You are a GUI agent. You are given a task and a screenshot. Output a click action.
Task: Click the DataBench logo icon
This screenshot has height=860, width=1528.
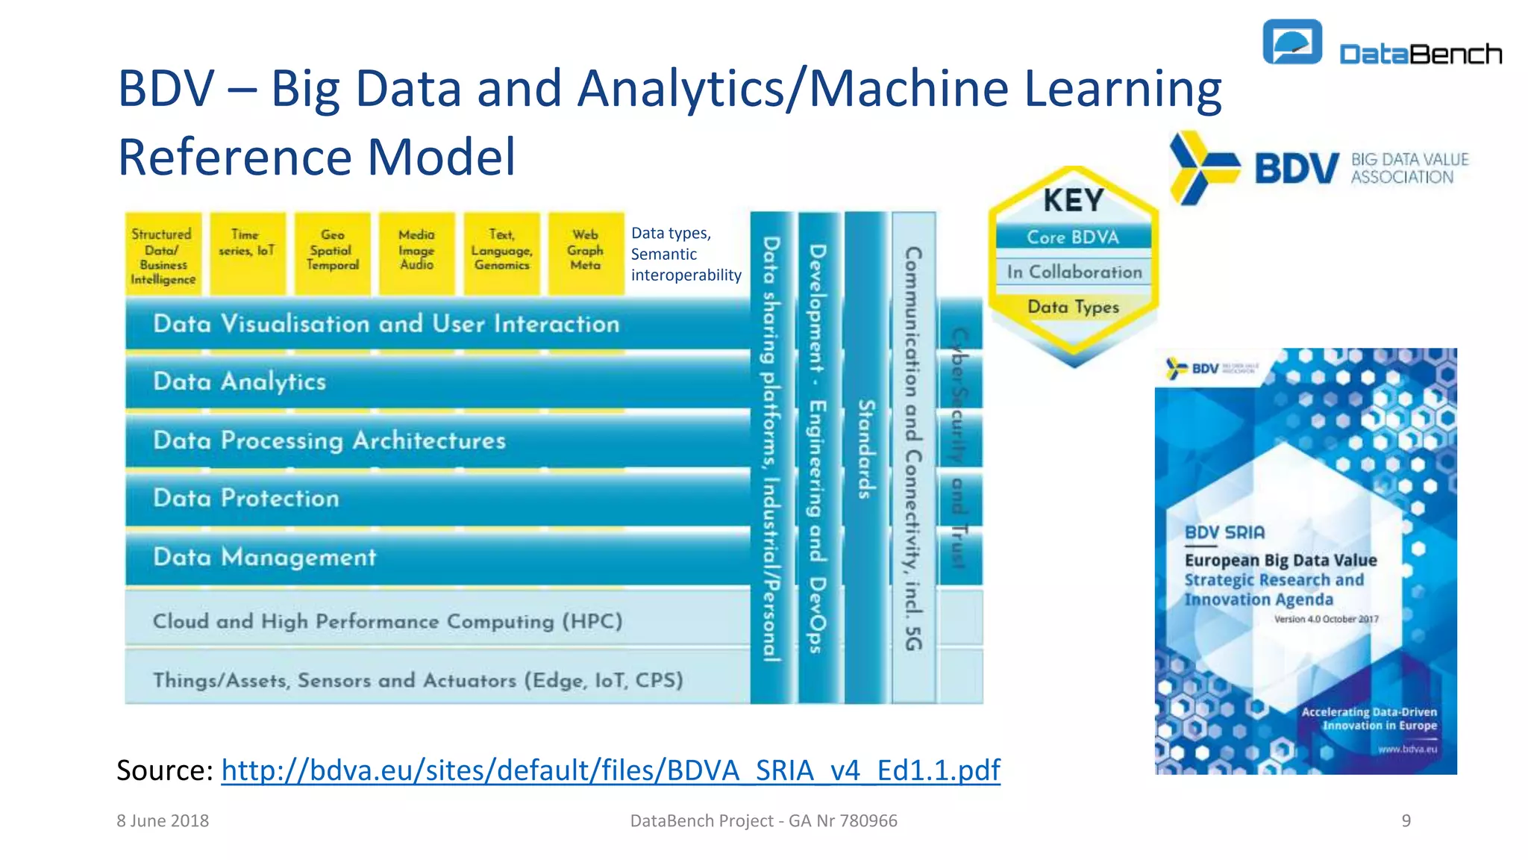[1292, 42]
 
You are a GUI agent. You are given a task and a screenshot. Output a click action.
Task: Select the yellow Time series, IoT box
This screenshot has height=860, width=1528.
[247, 253]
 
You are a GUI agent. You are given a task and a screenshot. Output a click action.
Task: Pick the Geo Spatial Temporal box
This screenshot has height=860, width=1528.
[332, 253]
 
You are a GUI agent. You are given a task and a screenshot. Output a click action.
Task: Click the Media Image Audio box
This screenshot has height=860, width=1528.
[416, 253]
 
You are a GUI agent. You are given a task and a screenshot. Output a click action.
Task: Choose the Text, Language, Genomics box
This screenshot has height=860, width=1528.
[501, 253]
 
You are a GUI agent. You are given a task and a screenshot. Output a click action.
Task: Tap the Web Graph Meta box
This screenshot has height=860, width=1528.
[586, 253]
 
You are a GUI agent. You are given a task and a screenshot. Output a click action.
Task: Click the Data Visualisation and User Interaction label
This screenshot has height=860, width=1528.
[386, 324]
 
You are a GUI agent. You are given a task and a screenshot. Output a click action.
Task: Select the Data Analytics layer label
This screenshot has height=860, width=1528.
[239, 381]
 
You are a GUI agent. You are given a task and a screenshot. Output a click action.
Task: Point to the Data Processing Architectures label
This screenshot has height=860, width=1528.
[329, 440]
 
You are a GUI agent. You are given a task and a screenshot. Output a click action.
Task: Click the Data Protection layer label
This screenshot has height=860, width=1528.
[246, 498]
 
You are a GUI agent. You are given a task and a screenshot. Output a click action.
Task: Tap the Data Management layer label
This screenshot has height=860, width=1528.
[265, 557]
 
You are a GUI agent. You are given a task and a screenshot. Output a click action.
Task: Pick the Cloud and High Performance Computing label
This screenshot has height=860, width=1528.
[387, 621]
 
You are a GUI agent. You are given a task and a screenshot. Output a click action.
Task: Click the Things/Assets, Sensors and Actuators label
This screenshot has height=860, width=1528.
[418, 680]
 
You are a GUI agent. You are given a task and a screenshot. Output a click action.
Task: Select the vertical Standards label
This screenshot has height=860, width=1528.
[865, 449]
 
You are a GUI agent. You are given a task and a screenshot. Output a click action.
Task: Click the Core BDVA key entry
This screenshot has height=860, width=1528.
[1073, 237]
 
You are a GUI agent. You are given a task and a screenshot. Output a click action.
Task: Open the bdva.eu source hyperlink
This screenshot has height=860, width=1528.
[610, 770]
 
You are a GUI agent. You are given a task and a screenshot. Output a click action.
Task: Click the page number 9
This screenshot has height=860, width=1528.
[1406, 820]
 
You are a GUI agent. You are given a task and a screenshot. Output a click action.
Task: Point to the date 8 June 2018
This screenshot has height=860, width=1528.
[163, 820]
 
